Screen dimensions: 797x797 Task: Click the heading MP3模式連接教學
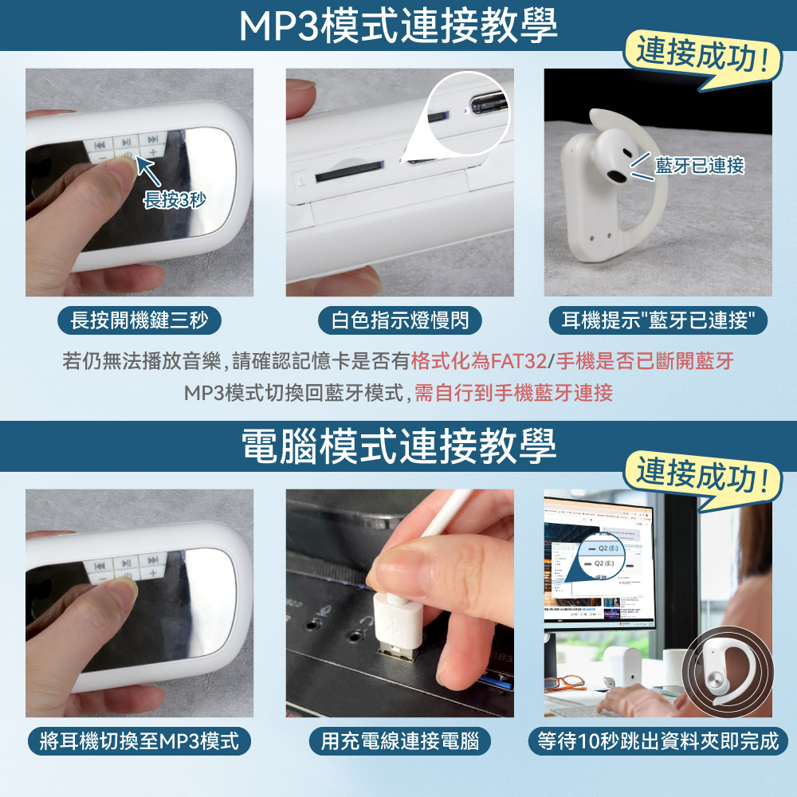(x=398, y=27)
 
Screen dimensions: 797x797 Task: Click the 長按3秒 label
(x=174, y=200)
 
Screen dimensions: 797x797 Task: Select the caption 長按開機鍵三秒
(x=139, y=321)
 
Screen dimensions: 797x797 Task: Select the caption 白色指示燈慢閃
(x=399, y=321)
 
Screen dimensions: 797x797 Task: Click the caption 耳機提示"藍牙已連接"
(x=658, y=321)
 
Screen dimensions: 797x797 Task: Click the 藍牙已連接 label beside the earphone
(x=699, y=166)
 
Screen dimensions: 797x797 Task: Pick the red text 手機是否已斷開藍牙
(x=644, y=362)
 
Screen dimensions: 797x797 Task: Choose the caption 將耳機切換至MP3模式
(x=139, y=742)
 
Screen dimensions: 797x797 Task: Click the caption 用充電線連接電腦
(x=399, y=742)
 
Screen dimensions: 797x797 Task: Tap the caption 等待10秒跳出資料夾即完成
(x=658, y=742)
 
